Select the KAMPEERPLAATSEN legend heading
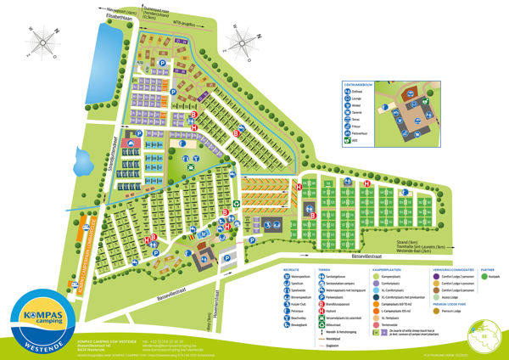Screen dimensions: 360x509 pos(389,269)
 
